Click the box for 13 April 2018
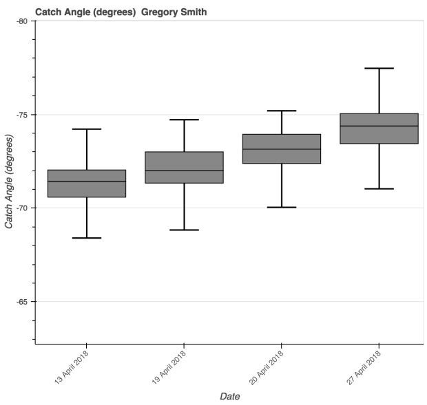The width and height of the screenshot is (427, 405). (x=87, y=184)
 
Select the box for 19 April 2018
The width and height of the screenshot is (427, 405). (x=184, y=167)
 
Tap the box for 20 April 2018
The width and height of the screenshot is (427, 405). (x=282, y=149)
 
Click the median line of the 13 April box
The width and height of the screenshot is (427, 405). (x=87, y=182)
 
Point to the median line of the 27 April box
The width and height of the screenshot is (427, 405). (x=379, y=126)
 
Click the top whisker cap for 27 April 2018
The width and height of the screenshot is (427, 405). (x=379, y=68)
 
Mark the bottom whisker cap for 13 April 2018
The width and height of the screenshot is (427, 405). (x=87, y=238)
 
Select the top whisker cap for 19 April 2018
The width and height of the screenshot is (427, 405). (x=184, y=120)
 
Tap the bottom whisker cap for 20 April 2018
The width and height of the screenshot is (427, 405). (x=282, y=207)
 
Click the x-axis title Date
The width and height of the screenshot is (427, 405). (x=229, y=396)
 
